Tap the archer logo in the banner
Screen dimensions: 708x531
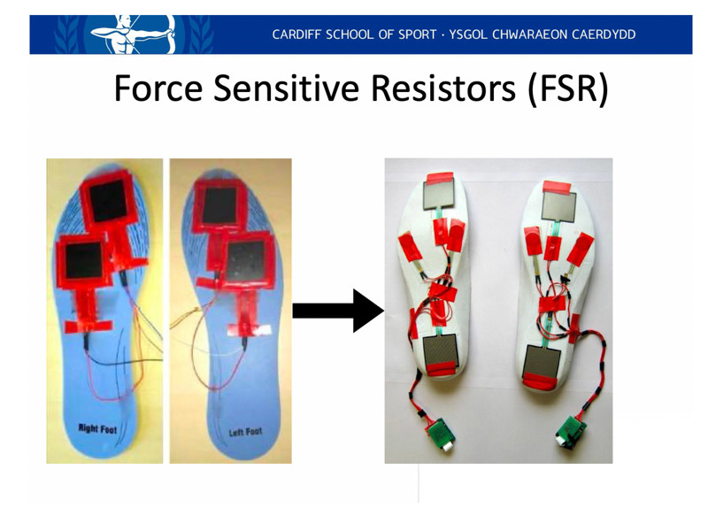coord(133,35)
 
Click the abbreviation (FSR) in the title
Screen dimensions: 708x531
coord(567,89)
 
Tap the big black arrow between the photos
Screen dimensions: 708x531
coord(339,311)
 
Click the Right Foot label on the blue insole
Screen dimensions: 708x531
coord(97,428)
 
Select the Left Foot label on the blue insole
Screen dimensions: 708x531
coord(245,432)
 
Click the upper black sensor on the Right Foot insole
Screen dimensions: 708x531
coord(108,201)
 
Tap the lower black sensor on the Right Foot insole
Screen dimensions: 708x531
coord(84,260)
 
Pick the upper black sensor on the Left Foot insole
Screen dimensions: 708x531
coord(219,205)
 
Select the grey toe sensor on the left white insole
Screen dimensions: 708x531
coord(438,193)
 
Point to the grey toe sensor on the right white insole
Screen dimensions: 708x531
coord(558,206)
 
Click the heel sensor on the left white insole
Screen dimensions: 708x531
coord(441,353)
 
